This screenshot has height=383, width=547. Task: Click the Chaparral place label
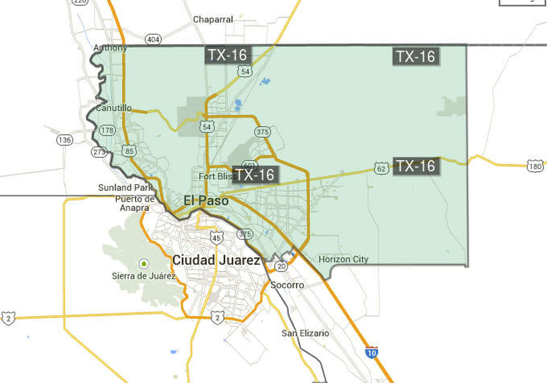213,20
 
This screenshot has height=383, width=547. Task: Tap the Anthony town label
110,47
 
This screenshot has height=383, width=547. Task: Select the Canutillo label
114,108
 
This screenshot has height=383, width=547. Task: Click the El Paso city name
206,200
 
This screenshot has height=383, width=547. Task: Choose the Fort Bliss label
217,176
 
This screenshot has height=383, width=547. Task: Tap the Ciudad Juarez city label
216,260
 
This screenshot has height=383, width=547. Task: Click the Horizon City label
343,259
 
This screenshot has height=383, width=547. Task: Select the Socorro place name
287,285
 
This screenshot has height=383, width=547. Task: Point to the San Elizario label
305,333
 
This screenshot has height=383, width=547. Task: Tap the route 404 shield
153,40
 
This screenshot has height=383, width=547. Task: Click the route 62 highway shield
381,168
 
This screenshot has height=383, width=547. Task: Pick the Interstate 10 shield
372,352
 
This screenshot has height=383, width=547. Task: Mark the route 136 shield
65,140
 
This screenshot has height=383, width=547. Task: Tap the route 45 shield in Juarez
217,237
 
